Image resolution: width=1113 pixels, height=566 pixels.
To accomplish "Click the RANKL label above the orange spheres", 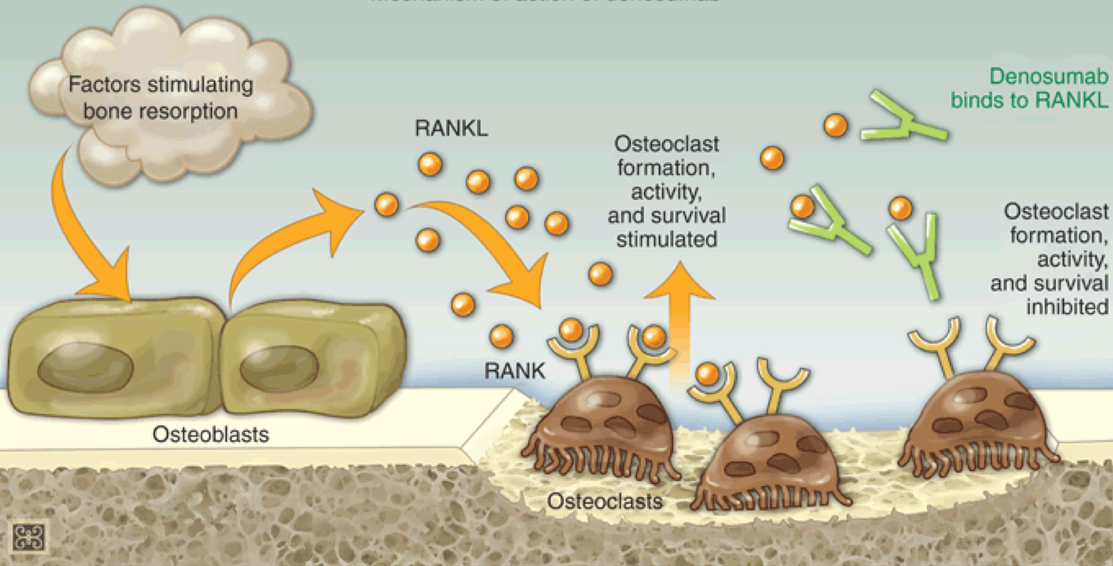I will click(451, 129).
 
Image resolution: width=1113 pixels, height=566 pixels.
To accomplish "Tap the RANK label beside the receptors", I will click(515, 371).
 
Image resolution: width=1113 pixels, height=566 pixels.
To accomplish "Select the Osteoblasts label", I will click(211, 435).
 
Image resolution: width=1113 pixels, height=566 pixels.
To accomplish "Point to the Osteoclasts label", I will click(604, 501).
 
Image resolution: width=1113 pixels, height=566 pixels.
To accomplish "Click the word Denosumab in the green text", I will click(1048, 77).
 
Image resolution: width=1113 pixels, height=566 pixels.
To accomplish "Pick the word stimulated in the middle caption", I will click(666, 240).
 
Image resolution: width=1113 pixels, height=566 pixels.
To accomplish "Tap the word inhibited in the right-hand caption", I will click(1067, 307).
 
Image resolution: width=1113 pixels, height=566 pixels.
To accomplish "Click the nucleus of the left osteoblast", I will click(85, 368).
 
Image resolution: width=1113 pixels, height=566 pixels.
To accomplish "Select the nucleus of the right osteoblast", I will click(279, 369).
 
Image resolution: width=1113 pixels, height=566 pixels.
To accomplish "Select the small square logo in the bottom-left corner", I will click(29, 537).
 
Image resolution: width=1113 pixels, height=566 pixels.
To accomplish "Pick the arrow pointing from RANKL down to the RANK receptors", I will click(493, 243).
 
